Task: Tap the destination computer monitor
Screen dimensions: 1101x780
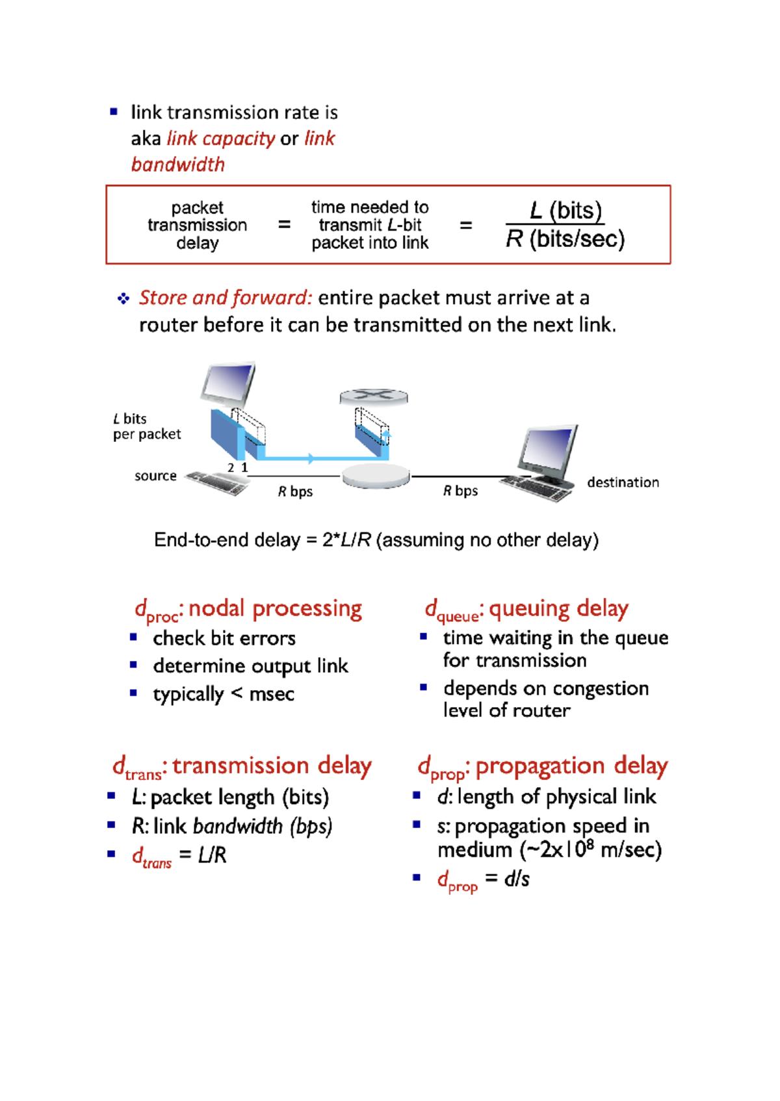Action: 548,452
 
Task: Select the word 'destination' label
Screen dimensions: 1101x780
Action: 623,482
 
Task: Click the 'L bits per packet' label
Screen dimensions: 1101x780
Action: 146,426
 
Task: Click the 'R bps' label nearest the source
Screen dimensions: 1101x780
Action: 295,491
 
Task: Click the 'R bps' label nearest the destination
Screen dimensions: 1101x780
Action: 460,491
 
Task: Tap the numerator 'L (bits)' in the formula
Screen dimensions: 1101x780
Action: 565,211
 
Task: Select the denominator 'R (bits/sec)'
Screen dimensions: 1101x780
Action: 565,239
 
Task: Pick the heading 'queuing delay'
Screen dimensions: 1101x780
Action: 558,608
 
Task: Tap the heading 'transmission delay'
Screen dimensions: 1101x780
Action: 272,766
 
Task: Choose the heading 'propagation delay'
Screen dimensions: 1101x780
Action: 571,766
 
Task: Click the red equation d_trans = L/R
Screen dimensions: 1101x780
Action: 179,855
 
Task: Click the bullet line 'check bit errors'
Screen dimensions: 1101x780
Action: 224,638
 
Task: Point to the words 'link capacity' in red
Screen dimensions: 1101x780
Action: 221,138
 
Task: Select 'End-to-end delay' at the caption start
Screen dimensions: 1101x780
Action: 227,540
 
